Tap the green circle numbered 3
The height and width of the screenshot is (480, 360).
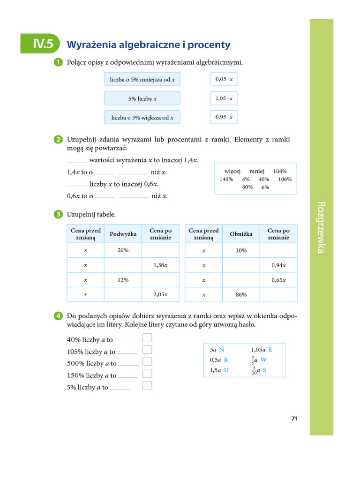point(58,215)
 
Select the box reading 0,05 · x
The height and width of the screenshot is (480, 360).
point(224,79)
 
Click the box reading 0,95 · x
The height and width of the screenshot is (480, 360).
point(224,117)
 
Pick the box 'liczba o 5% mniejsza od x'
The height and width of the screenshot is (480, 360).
point(142,80)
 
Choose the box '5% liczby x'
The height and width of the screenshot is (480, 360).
point(142,98)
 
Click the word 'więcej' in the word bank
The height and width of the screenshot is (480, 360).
point(232,172)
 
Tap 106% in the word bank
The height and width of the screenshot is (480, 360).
point(285,179)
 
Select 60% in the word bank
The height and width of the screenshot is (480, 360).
point(247,187)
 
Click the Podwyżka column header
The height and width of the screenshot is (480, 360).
point(123,234)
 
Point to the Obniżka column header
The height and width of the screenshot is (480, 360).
point(241,234)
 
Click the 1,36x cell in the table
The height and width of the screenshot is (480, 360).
point(160,265)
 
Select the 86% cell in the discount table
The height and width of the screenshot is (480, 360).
point(241,295)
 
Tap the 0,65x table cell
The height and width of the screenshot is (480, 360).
point(278,280)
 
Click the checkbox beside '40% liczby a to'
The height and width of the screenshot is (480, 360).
point(147,337)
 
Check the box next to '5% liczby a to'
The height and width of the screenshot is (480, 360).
point(147,385)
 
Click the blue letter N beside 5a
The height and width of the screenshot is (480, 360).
point(222,350)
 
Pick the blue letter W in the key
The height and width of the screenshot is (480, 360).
point(263,360)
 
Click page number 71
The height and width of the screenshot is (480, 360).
point(294,419)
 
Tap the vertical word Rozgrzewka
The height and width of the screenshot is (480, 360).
point(321,227)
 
